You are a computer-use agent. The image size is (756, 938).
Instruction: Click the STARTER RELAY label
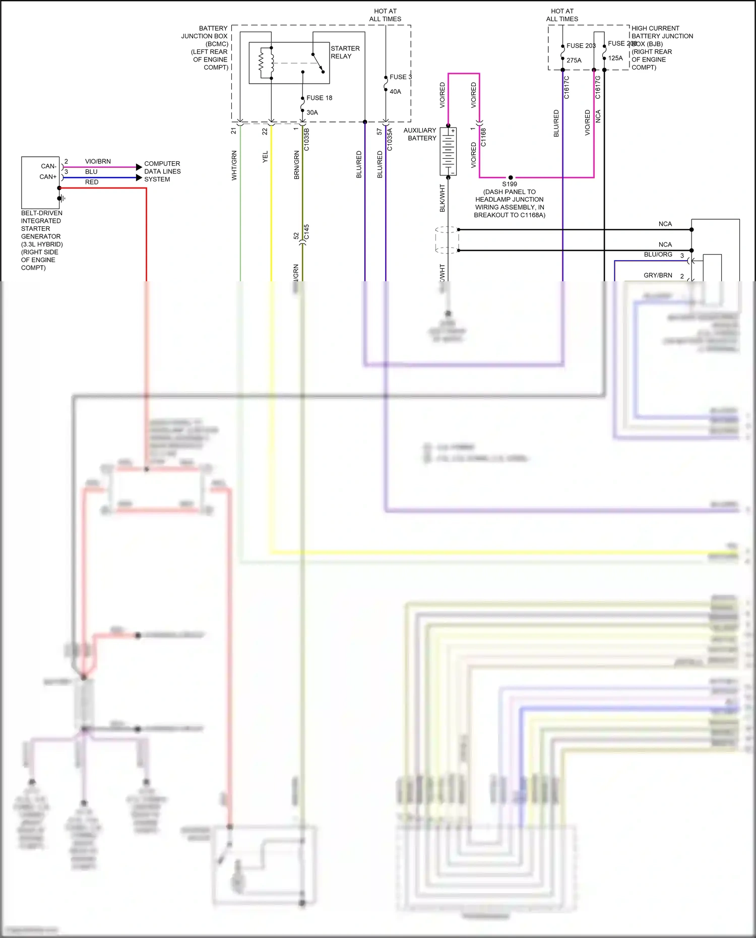pyautogui.click(x=345, y=52)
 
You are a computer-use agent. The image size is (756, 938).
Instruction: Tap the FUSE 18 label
pyautogui.click(x=319, y=98)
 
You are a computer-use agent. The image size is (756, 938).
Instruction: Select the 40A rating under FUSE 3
pyautogui.click(x=395, y=92)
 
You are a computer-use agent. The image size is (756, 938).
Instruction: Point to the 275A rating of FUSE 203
pyautogui.click(x=574, y=60)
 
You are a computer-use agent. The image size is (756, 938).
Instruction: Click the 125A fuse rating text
pyautogui.click(x=615, y=58)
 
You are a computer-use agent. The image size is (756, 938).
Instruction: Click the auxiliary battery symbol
pyautogui.click(x=448, y=151)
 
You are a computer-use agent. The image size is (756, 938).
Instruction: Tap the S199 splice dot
pyautogui.click(x=511, y=177)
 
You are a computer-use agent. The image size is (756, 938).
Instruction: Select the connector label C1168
pyautogui.click(x=483, y=137)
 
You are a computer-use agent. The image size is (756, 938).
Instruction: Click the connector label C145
pyautogui.click(x=306, y=232)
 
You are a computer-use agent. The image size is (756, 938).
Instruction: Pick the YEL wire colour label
pyautogui.click(x=265, y=157)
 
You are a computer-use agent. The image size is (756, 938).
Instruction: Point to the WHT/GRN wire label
pyautogui.click(x=234, y=165)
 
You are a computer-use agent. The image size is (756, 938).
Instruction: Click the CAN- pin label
pyautogui.click(x=48, y=166)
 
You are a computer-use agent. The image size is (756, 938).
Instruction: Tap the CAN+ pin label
pyautogui.click(x=48, y=177)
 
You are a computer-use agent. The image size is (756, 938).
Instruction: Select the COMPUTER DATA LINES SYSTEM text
pyautogui.click(x=162, y=171)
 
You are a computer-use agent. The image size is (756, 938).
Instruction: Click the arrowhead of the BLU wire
pyautogui.click(x=139, y=177)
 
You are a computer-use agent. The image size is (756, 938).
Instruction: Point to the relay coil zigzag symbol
pyautogui.click(x=261, y=63)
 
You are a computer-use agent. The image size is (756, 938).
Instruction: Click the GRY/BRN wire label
pyautogui.click(x=658, y=275)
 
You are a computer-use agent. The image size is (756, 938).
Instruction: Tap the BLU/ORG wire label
pyautogui.click(x=658, y=255)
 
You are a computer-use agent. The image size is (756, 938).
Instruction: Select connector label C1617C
pyautogui.click(x=566, y=87)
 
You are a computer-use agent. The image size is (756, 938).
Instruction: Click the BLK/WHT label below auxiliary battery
pyautogui.click(x=443, y=198)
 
